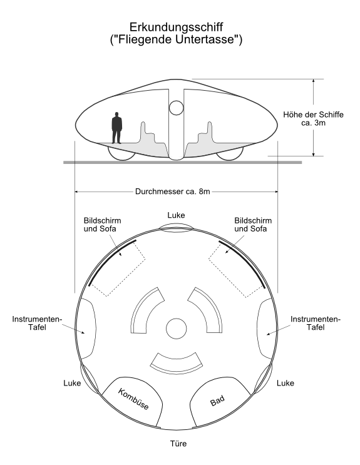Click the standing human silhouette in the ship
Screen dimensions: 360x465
116,128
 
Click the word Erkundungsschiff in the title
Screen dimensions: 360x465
176,27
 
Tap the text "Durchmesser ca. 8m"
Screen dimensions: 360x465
172,192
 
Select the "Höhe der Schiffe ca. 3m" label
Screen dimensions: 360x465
313,119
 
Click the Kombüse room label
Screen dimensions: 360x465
133,399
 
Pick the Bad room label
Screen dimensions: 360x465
217,401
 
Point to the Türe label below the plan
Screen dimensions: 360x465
178,444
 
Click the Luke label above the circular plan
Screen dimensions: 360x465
176,215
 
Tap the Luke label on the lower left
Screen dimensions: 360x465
72,383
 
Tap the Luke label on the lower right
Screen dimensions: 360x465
285,383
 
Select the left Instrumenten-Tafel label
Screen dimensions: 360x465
37,323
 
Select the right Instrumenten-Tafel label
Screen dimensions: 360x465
316,323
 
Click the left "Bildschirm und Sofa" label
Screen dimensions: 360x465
102,225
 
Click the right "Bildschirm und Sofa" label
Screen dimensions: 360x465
253,225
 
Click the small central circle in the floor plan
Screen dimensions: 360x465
177,329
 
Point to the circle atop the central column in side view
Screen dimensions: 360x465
177,108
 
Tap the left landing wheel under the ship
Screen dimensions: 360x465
121,154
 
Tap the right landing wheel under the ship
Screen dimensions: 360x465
230,154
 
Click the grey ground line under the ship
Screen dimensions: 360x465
183,163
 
